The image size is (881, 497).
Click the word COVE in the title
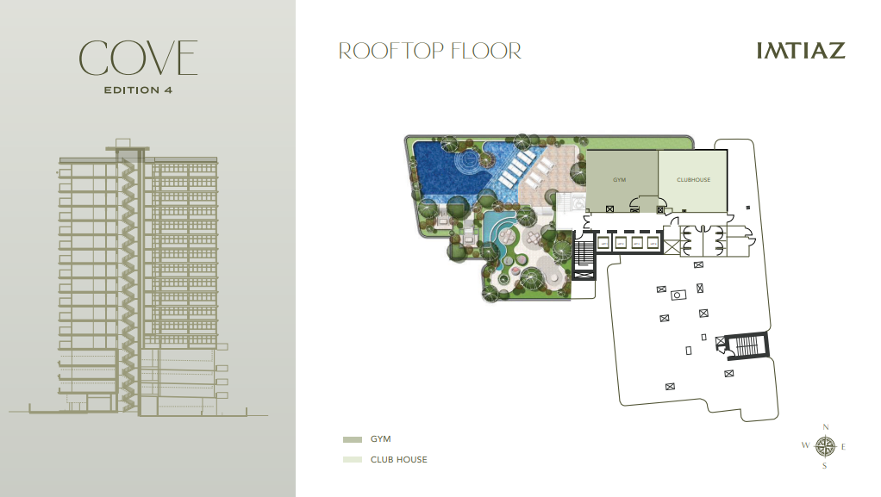click(138, 58)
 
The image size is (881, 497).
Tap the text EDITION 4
click(138, 90)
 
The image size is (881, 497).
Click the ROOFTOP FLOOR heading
click(430, 51)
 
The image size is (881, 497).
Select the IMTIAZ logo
click(801, 51)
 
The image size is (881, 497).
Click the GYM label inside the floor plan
click(619, 180)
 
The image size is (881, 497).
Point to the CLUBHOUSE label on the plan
click(693, 180)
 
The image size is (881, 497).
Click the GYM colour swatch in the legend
click(353, 439)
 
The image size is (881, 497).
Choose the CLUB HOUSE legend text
click(398, 459)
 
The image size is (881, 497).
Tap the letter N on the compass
click(825, 427)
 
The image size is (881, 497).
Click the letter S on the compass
click(824, 465)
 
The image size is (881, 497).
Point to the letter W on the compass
click(805, 445)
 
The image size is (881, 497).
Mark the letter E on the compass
click(843, 447)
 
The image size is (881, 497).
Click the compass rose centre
click(825, 447)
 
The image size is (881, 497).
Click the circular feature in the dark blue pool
click(468, 161)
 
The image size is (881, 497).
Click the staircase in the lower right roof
click(747, 345)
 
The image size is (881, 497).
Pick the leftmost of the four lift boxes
click(603, 243)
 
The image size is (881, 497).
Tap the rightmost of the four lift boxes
click(653, 243)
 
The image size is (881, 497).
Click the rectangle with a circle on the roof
click(678, 295)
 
